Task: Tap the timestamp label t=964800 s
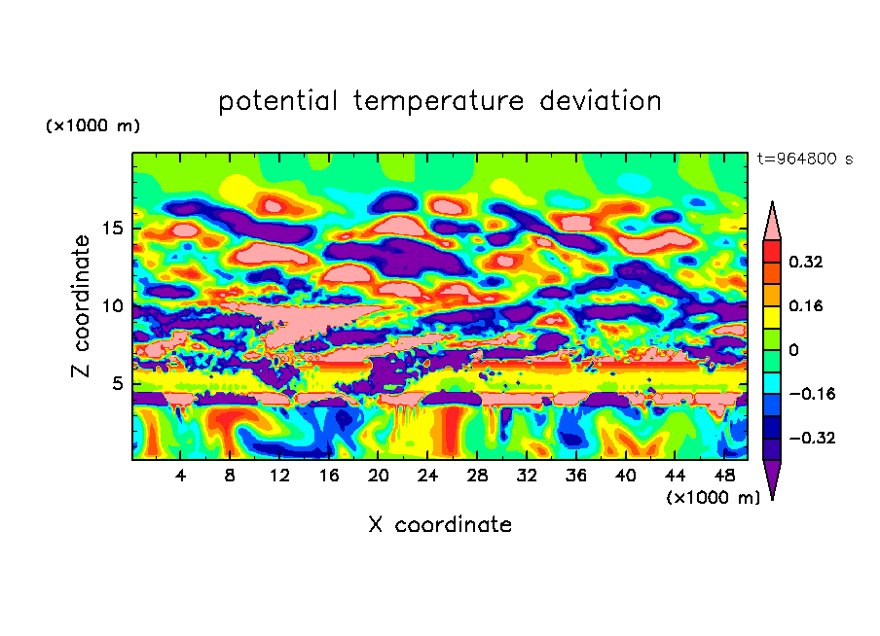[804, 159]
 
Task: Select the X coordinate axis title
[440, 525]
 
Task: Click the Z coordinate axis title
[82, 306]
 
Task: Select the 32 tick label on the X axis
[527, 476]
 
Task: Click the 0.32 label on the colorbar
[806, 263]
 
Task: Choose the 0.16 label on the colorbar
[806, 306]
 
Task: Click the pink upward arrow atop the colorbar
[772, 222]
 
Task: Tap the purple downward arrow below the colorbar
[772, 478]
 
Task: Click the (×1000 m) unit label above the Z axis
[92, 126]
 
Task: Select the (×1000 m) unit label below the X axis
[713, 498]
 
